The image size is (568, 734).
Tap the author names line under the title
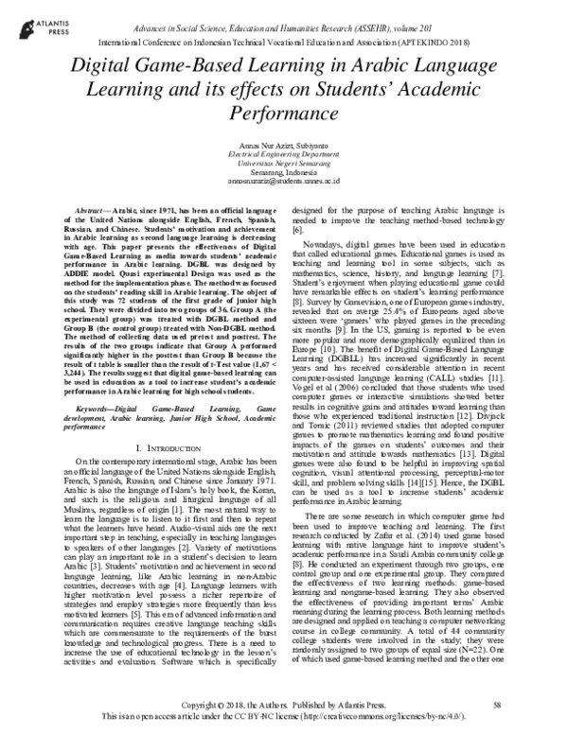click(x=284, y=141)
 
